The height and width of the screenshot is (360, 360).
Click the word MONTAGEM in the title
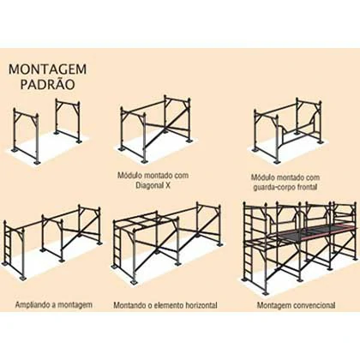point(47,69)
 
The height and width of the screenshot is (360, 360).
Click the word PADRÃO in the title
point(47,84)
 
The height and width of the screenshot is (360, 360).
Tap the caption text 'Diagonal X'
point(153,185)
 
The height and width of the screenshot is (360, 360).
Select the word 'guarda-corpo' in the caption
point(275,187)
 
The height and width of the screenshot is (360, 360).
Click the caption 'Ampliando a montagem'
point(54,304)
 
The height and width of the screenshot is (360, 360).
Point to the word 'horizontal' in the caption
point(201,305)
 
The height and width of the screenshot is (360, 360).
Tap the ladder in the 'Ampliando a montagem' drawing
point(9,246)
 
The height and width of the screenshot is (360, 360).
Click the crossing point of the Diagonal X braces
point(165,129)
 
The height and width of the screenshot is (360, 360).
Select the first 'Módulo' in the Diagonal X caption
point(128,176)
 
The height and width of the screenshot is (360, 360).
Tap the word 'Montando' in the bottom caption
point(130,305)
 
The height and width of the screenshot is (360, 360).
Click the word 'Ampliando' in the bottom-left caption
point(33,304)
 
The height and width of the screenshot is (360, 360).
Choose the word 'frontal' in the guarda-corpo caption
point(308,187)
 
